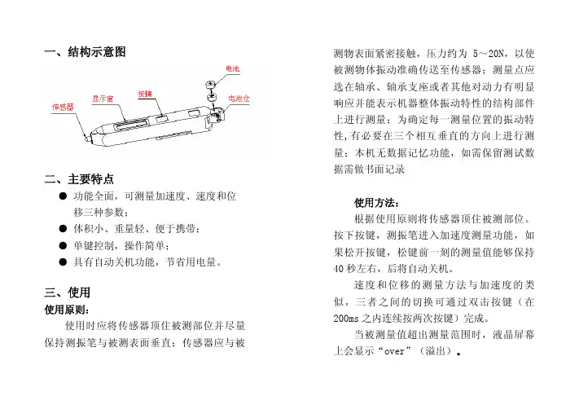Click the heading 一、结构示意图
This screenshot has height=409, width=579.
coord(86,51)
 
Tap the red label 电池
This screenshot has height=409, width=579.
coord(233,68)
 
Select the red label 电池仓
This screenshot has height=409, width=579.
coord(239,99)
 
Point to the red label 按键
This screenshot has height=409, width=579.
coord(145,94)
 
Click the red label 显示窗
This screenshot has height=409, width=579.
coord(103,99)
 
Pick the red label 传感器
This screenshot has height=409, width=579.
coord(63,108)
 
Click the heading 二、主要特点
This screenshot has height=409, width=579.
coord(79,179)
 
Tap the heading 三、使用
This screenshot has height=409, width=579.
coord(68,292)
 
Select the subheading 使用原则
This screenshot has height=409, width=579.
coord(67,310)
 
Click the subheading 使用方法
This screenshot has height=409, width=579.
coord(377,203)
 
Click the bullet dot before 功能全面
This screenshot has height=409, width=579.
coord(63,196)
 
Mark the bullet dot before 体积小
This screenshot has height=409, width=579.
coord(63,229)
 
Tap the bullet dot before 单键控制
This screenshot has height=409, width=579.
coord(63,245)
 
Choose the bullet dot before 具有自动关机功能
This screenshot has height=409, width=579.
coord(63,262)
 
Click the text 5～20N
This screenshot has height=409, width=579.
coord(488,54)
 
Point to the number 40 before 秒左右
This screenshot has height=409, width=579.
coord(339,269)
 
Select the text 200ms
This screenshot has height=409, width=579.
coord(346,318)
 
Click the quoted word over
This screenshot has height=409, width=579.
coord(395,351)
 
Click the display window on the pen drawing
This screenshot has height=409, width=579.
coord(131,124)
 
